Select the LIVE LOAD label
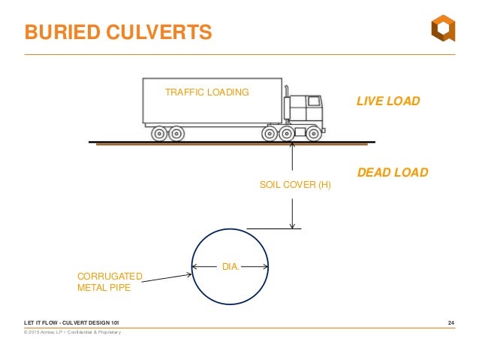tap(387, 101)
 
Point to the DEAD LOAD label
tap(392, 172)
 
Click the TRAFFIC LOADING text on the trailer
tap(206, 92)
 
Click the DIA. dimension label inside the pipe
tap(230, 265)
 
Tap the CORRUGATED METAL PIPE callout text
tap(110, 281)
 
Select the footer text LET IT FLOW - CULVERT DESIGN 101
tap(71, 323)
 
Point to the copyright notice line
tap(73, 332)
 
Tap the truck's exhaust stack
tap(286, 105)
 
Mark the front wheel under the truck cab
tap(312, 135)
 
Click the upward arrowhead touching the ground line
tap(291, 146)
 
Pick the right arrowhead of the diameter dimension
tap(264, 265)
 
